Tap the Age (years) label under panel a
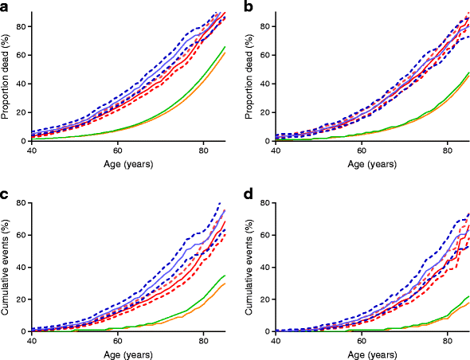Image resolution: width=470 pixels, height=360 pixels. (127, 165)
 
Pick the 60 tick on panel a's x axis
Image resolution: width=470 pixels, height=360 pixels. (117, 151)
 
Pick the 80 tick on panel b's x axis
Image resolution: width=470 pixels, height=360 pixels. (447, 151)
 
